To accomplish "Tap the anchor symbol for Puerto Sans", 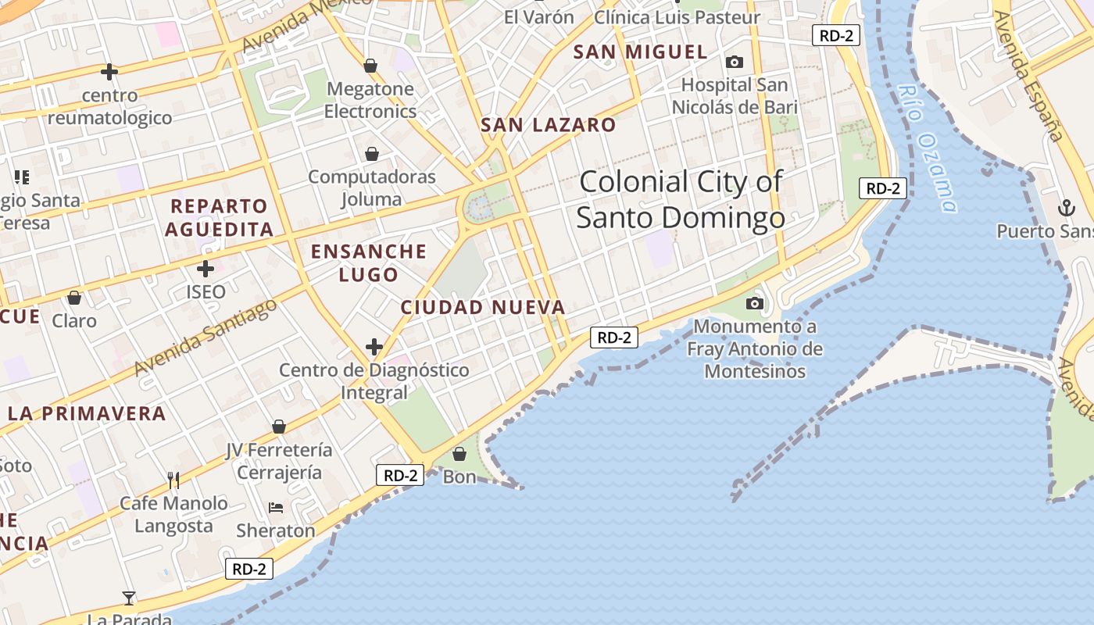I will click(x=1066, y=208).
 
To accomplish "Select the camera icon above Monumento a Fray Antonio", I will click(x=754, y=303).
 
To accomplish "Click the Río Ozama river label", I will click(x=927, y=148).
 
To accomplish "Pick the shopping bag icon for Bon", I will click(x=459, y=454).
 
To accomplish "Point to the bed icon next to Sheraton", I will click(x=276, y=508).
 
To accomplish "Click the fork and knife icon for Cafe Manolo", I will click(x=173, y=479).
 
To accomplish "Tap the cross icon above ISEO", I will click(x=206, y=269).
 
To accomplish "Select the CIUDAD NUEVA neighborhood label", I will click(x=482, y=308).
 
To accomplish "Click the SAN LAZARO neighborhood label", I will click(x=548, y=125).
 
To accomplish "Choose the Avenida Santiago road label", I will click(x=205, y=337).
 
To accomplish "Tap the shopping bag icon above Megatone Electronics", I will click(x=370, y=66).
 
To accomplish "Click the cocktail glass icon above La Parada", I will click(x=129, y=598).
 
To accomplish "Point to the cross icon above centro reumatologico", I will click(x=109, y=72).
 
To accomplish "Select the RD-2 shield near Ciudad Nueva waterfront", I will click(x=614, y=337).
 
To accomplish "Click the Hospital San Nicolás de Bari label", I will click(x=735, y=96).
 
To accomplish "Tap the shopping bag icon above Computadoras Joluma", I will click(x=372, y=154).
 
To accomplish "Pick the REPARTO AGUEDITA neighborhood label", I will click(x=219, y=218).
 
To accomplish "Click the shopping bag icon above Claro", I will click(x=74, y=298).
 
